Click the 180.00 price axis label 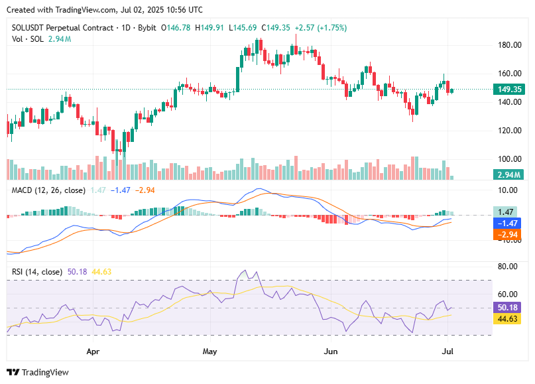pyautogui.click(x=508, y=45)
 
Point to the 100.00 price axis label pyautogui.click(x=508, y=159)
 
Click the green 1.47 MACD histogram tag pyautogui.click(x=508, y=212)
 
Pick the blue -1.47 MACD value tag pyautogui.click(x=508, y=224)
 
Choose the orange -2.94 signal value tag pyautogui.click(x=508, y=235)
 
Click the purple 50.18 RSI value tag pyautogui.click(x=508, y=308)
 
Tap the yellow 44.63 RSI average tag pyautogui.click(x=508, y=319)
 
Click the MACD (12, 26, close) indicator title pyautogui.click(x=48, y=190)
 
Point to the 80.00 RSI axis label pyautogui.click(x=508, y=267)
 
